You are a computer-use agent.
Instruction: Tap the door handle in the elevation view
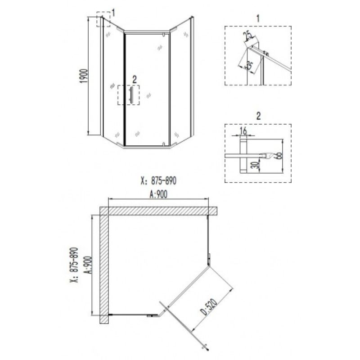[131, 95]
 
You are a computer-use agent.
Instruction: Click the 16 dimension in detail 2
[243, 131]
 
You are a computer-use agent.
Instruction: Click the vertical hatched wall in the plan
[104, 265]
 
